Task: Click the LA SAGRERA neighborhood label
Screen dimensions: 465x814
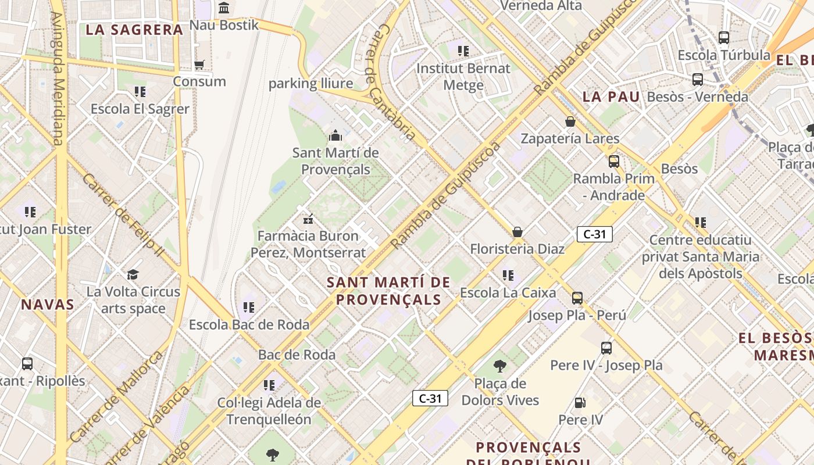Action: click(134, 30)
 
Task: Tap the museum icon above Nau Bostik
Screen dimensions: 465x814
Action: click(224, 8)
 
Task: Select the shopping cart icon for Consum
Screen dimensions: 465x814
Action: click(199, 65)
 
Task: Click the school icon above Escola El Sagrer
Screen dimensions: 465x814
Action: click(140, 92)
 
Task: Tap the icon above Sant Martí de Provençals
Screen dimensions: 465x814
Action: click(335, 136)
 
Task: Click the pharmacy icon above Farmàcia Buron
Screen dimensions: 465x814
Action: click(308, 219)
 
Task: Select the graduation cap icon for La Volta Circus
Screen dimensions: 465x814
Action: click(133, 274)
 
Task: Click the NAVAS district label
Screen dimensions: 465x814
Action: click(48, 305)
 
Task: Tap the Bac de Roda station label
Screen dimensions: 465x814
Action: click(297, 355)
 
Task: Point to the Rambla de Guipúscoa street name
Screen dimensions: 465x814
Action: click(447, 195)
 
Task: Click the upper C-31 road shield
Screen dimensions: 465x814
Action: click(594, 234)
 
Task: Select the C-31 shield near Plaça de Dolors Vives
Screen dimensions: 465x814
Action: click(430, 398)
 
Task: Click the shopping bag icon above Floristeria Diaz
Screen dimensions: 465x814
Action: click(517, 232)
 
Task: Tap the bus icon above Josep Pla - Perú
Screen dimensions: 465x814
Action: click(577, 298)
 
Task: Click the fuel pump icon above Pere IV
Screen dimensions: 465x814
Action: click(580, 402)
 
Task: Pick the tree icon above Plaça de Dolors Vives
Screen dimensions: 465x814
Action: click(499, 366)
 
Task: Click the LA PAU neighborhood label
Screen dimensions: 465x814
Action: click(611, 97)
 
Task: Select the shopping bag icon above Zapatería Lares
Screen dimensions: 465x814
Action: click(570, 121)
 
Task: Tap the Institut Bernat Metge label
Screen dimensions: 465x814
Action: click(463, 76)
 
